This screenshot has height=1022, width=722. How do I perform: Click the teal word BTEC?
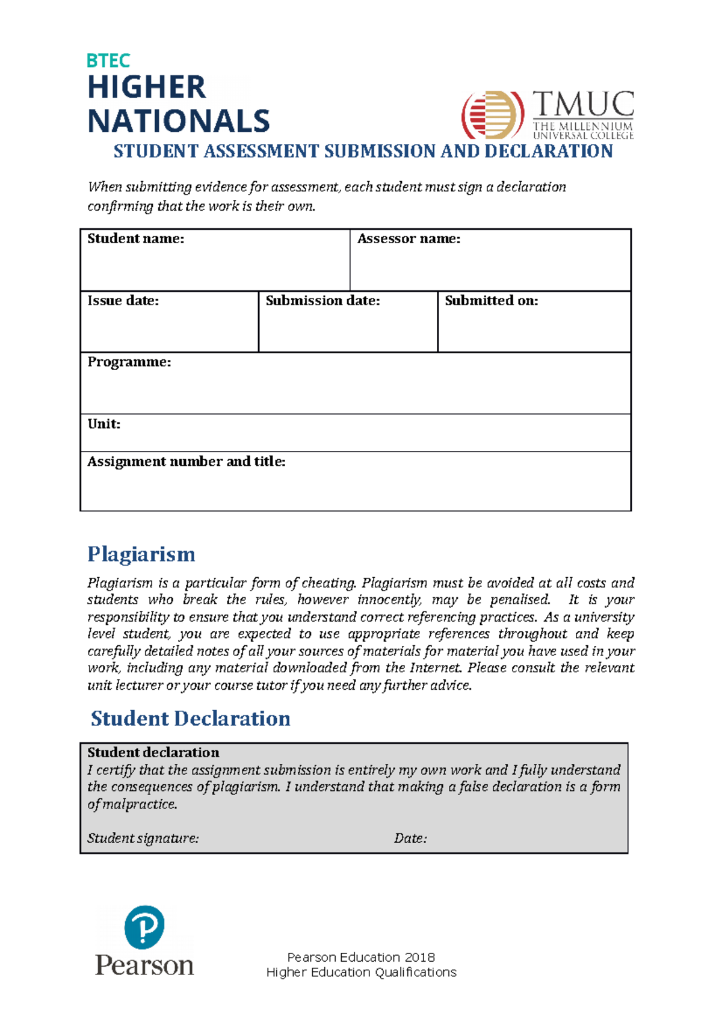point(108,61)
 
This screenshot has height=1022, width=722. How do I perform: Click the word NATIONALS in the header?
point(179,122)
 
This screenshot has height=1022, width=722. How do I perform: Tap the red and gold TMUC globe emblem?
point(492,114)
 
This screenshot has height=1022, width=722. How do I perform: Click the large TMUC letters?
point(583,105)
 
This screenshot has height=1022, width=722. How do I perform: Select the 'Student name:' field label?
point(136,239)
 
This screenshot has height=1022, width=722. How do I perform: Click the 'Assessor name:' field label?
point(409,239)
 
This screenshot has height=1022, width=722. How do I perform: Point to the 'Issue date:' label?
point(123,301)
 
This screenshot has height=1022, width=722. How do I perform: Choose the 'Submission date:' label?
point(322,301)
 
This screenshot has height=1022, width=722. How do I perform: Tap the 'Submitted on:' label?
point(491,301)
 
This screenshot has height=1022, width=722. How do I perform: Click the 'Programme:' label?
point(129,362)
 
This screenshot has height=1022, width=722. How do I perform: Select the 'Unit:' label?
point(104,424)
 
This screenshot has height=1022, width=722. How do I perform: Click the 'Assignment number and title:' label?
point(187,462)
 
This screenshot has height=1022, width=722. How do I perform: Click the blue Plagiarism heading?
point(141,554)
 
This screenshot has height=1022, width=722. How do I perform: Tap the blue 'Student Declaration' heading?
point(190,719)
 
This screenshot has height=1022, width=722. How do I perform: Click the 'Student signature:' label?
point(143,838)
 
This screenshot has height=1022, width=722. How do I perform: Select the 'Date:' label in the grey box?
point(410,838)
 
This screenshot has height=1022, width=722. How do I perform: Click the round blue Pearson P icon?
point(144,928)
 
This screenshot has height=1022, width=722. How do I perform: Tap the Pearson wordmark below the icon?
point(144,965)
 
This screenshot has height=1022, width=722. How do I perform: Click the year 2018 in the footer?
point(419,958)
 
